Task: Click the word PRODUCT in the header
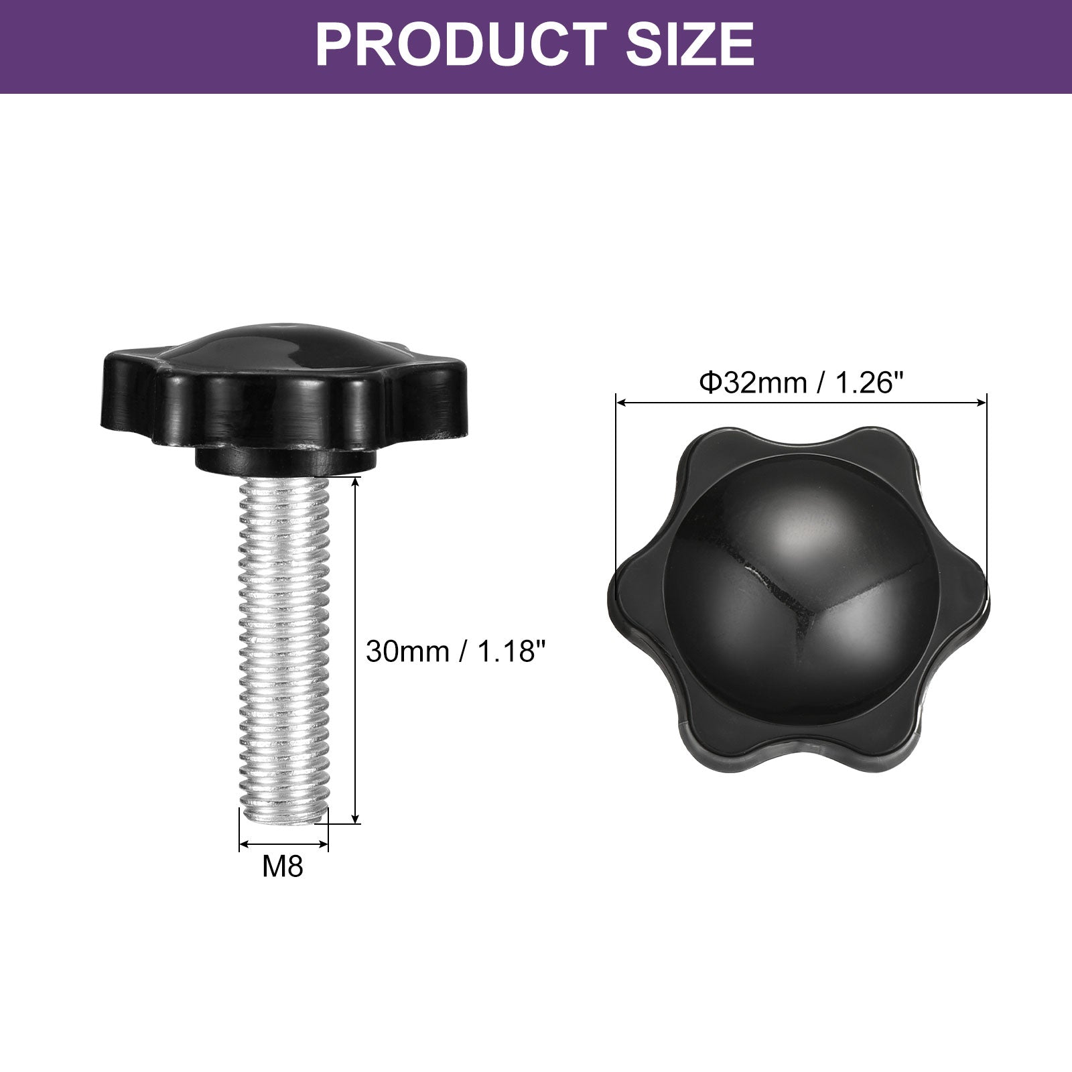[459, 44]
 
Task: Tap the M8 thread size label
[283, 866]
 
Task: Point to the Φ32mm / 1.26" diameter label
[801, 383]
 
